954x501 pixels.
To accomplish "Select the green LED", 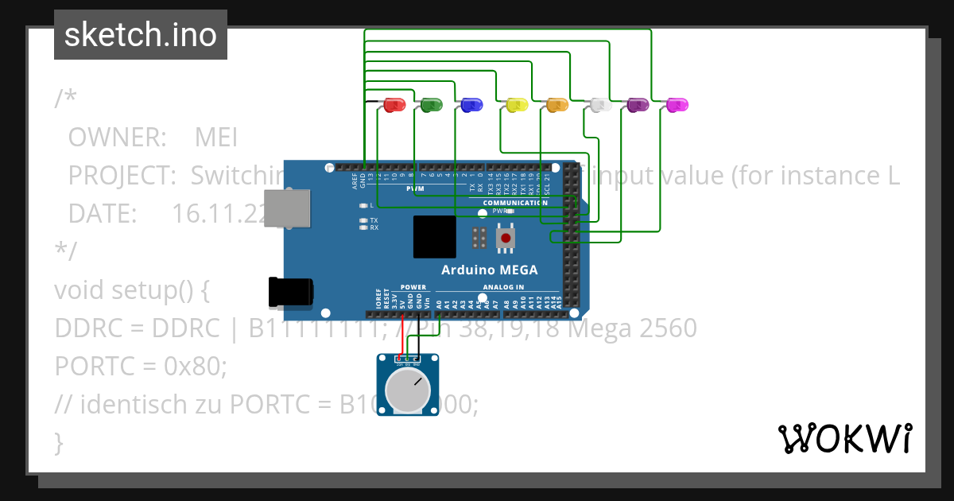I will (x=432, y=104).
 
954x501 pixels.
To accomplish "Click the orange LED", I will (x=557, y=104).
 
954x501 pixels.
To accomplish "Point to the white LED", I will (x=600, y=104).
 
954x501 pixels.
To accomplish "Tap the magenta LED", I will (x=677, y=104).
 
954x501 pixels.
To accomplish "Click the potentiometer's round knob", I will (x=407, y=390).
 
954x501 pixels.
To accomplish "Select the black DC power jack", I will (x=291, y=293).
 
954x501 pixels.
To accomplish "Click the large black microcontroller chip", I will (x=434, y=237).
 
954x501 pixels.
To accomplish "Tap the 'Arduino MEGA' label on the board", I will (x=489, y=270).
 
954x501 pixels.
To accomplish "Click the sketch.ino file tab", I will (x=141, y=35).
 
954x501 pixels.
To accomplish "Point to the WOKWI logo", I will (x=843, y=438).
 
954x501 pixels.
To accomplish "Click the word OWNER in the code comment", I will (x=117, y=138).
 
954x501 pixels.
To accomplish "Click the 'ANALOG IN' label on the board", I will (x=502, y=287).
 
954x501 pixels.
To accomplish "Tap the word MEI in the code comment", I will (x=216, y=138).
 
